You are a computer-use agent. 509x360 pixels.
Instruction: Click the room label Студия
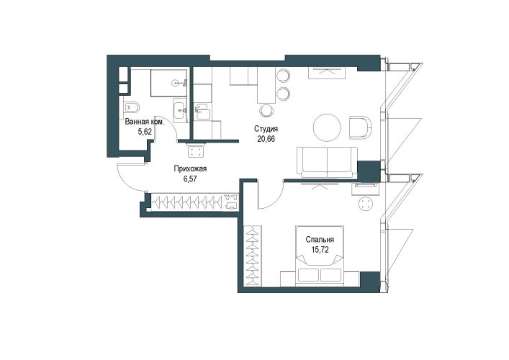pos(266,129)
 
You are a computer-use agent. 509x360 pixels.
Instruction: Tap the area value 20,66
pos(266,139)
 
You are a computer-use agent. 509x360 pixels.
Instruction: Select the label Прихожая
pos(190,168)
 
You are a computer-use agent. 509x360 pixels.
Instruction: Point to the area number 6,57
pos(190,179)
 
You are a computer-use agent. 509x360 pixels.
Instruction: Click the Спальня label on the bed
pos(320,240)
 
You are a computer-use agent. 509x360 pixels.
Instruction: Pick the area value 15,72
pos(320,250)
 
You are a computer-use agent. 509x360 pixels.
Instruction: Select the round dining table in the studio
pos(327,127)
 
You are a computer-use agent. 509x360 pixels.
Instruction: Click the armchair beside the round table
pos(360,127)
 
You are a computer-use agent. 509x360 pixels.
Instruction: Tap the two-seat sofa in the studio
pos(327,162)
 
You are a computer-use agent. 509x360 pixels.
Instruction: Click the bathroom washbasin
pos(179,110)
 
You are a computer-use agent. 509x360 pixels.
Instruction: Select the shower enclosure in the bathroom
pos(168,83)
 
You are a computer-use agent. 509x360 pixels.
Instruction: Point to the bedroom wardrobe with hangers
pos(253,256)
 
